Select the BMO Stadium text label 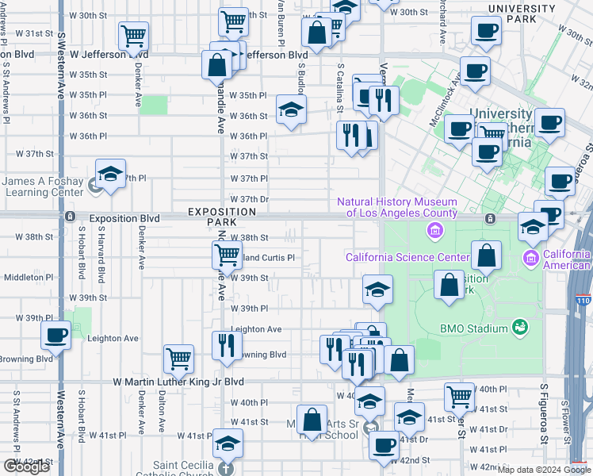click(473, 328)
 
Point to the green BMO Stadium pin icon click(519, 327)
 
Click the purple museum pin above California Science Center click(434, 231)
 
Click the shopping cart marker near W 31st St click(133, 35)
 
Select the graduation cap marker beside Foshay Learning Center click(110, 172)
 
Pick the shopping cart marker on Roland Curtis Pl click(227, 255)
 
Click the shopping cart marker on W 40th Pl click(459, 395)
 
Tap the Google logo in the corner click(26, 466)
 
